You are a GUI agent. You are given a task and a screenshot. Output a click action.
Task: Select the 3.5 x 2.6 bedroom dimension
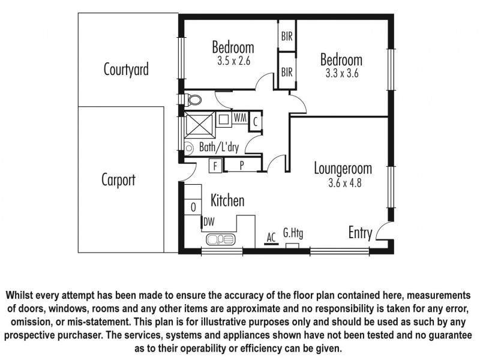coord(233,60)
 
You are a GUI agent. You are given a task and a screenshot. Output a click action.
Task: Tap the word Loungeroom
coord(343,169)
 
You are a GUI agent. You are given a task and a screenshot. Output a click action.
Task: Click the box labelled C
coord(255,120)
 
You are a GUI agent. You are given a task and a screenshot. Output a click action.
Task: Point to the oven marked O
coord(193,207)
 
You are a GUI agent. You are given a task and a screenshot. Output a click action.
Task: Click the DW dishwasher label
coord(209,222)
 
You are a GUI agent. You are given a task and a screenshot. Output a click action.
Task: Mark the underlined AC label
coord(271,237)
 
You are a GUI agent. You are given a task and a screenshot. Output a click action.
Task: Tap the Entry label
coord(360,233)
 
